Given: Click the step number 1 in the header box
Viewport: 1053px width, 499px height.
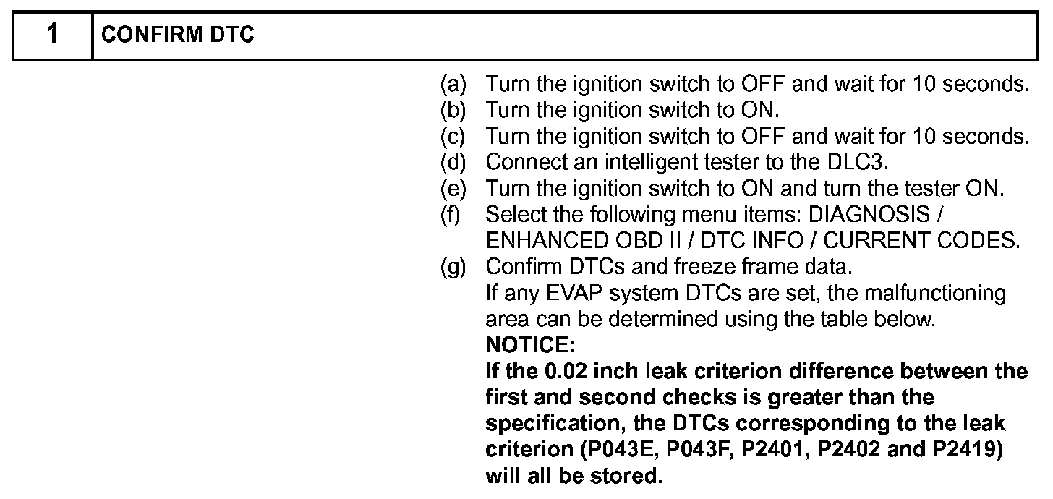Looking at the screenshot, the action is tap(52, 35).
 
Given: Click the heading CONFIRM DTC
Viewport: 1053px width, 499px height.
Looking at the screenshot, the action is tap(178, 35).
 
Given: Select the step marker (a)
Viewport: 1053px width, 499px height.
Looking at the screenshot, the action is tap(453, 85).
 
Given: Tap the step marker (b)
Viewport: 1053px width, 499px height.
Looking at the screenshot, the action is tap(453, 111).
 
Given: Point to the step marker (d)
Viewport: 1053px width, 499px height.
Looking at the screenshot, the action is tap(453, 163).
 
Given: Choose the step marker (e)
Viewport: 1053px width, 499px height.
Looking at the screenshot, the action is tap(453, 189).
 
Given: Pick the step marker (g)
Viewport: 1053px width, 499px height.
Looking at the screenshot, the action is tap(453, 267).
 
